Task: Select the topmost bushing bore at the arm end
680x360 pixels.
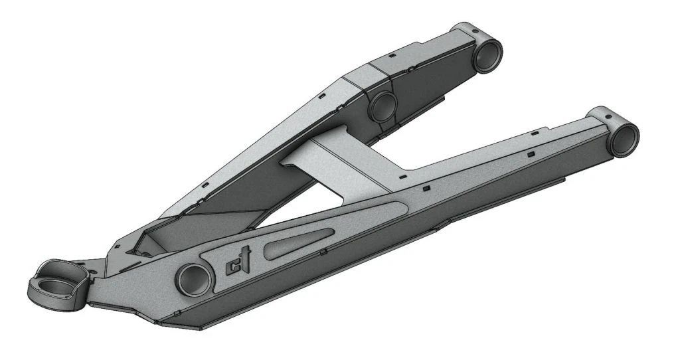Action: [487, 56]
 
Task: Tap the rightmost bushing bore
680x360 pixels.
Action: [624, 138]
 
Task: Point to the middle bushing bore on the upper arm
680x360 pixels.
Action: [383, 107]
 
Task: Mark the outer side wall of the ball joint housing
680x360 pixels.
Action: [40, 296]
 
